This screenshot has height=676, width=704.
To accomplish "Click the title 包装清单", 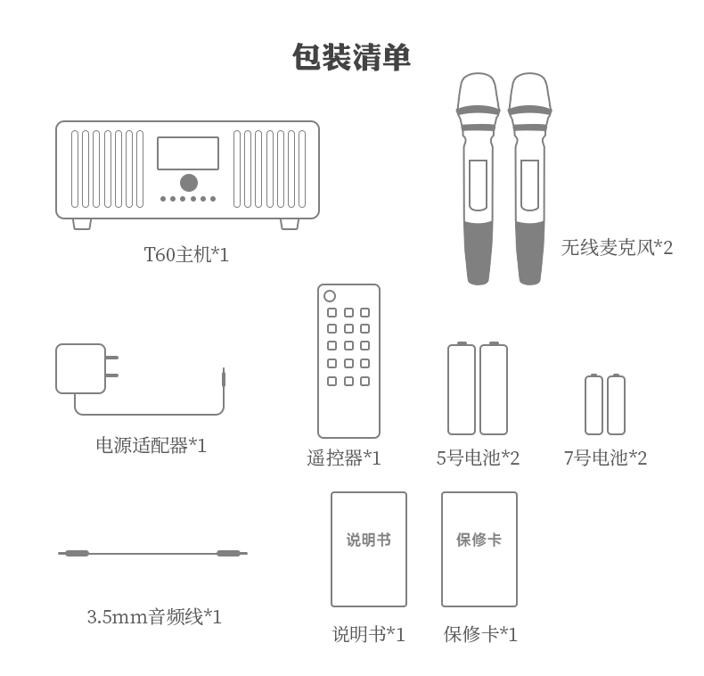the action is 351,58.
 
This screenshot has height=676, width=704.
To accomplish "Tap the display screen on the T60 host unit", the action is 188,153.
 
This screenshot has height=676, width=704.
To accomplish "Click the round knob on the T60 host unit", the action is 188,183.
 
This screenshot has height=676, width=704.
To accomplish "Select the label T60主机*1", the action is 186,255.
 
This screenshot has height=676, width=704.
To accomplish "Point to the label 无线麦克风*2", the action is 617,248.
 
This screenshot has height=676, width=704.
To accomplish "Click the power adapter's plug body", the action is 80,368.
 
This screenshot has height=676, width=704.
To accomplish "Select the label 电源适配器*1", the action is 151,445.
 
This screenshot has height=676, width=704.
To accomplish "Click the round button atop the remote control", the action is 330,296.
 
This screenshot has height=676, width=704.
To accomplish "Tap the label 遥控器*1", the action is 344,458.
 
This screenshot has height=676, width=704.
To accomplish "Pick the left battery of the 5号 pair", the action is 461,390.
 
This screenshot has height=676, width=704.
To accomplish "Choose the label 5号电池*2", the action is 478,458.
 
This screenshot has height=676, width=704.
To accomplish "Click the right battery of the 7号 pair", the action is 616,405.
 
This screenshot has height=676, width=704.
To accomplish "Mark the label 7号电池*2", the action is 605,458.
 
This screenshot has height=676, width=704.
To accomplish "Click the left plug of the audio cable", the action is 77,554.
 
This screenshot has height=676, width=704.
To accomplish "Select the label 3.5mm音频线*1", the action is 154,616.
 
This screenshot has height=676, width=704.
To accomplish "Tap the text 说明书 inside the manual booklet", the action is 368,540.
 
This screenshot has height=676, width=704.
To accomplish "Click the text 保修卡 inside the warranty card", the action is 479,540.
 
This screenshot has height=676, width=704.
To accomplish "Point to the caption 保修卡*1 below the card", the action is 480,634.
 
